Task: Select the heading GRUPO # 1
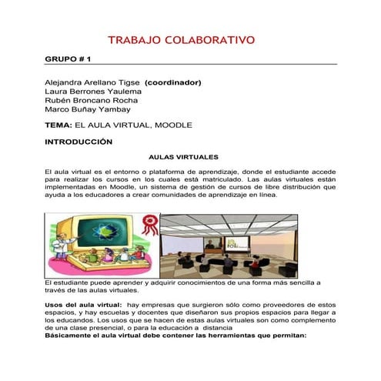click(x=69, y=58)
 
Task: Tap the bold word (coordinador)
click(x=173, y=82)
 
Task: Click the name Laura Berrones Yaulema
click(x=93, y=91)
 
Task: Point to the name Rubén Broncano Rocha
click(x=92, y=100)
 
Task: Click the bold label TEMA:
click(x=59, y=125)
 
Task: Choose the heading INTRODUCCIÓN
click(x=79, y=142)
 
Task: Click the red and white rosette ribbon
click(x=152, y=224)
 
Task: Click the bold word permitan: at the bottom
click(x=289, y=336)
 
